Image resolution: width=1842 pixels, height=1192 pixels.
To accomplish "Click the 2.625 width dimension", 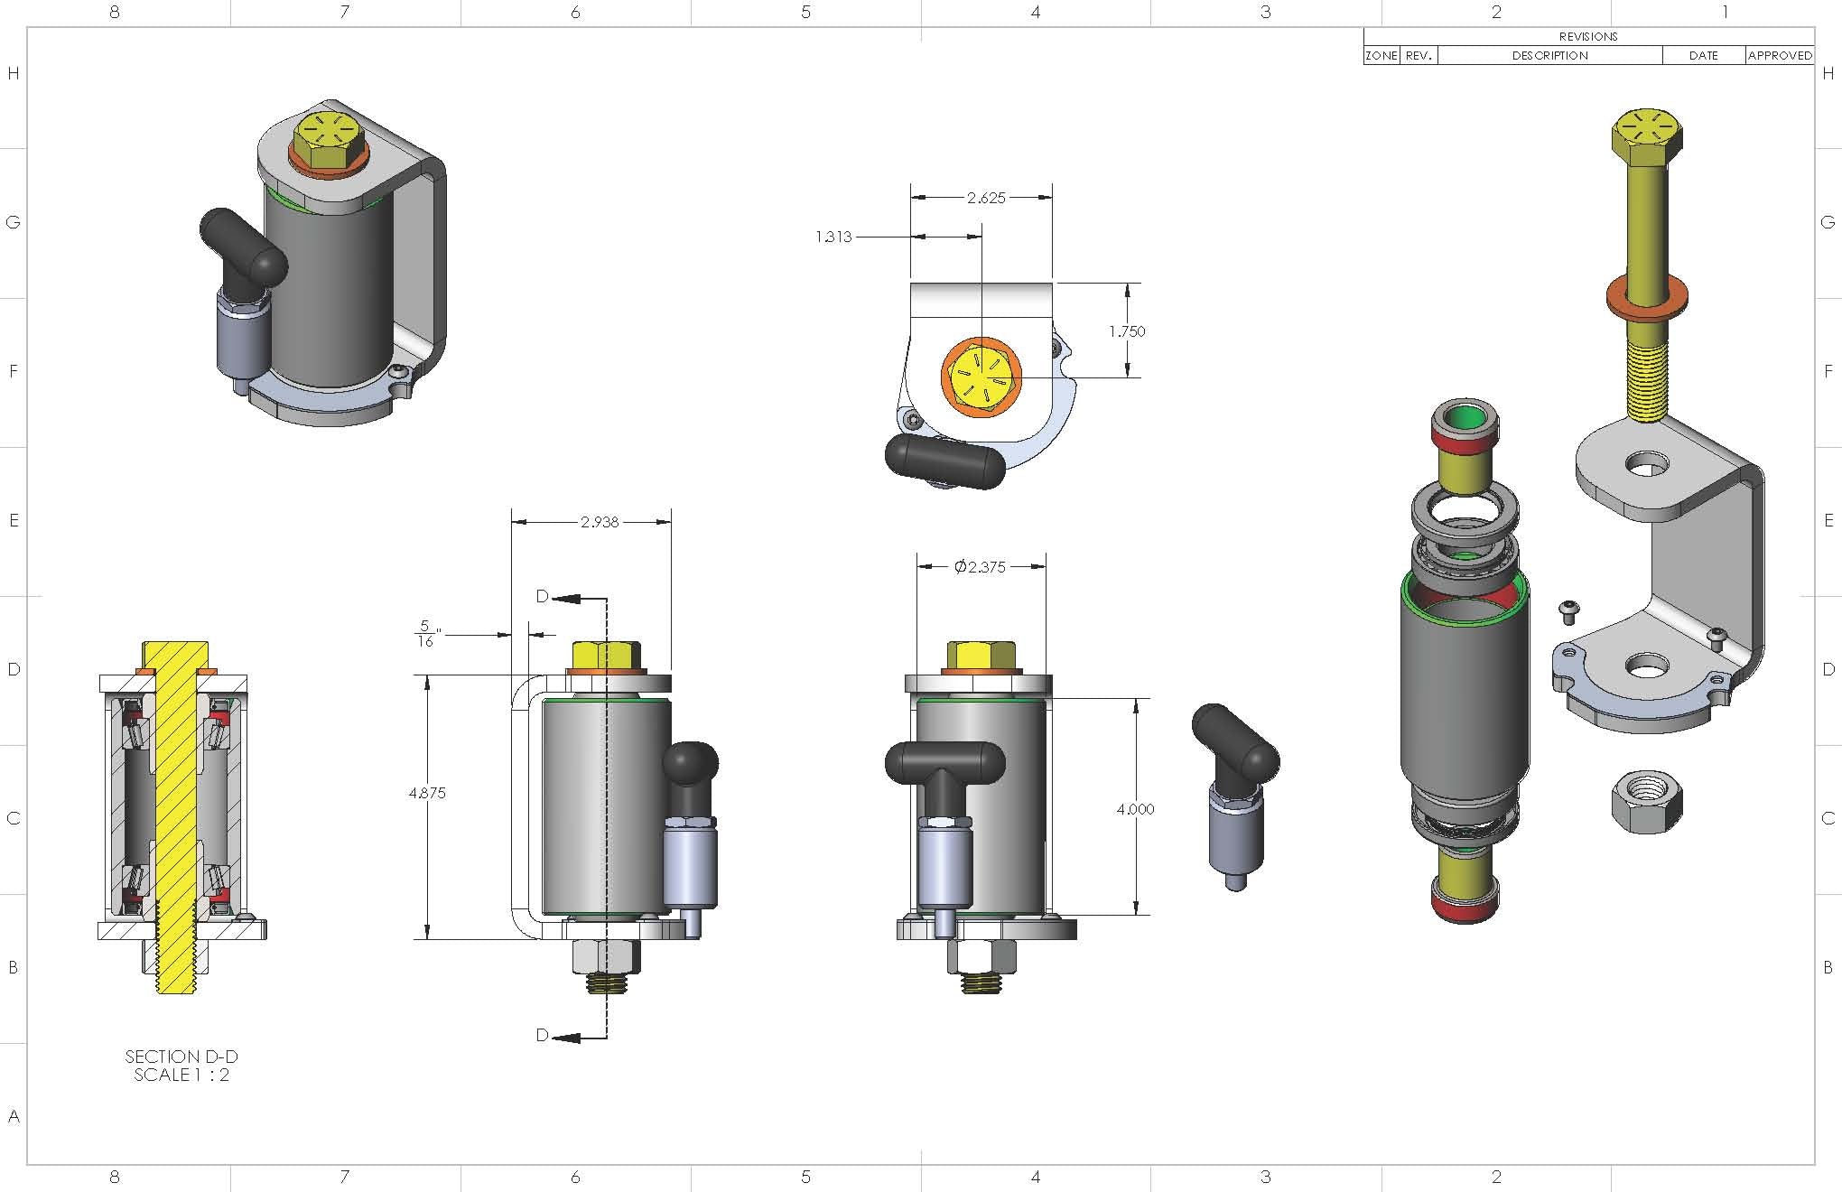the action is click(x=985, y=198).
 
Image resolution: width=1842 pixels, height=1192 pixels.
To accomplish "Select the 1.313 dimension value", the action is click(x=833, y=237).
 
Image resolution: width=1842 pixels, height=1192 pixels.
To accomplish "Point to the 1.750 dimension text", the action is click(x=1127, y=331).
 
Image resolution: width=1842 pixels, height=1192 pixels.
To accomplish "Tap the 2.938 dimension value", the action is click(x=600, y=522).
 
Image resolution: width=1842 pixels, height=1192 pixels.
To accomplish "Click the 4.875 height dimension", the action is click(x=427, y=793).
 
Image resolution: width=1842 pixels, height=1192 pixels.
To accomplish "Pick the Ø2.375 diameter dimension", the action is click(x=980, y=567).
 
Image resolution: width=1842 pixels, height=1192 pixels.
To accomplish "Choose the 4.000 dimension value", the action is click(x=1135, y=809).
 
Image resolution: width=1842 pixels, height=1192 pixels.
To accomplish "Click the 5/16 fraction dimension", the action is click(x=426, y=634).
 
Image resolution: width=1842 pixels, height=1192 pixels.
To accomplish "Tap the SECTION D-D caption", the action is click(x=181, y=1057).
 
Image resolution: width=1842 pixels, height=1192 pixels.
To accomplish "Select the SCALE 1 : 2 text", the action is click(x=181, y=1075).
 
